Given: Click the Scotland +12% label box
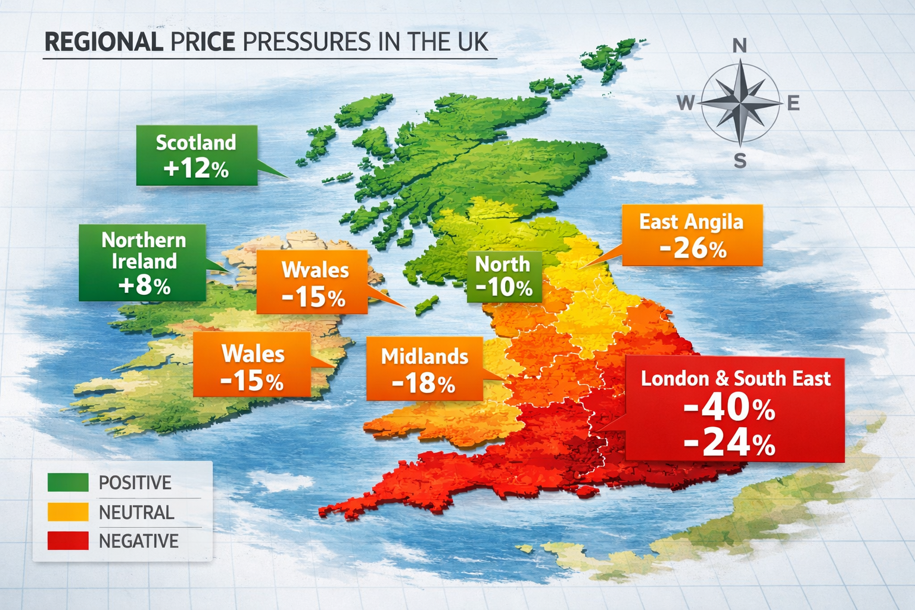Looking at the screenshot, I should [197, 155].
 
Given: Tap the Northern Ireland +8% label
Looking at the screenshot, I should [143, 263].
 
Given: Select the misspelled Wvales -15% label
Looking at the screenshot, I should [312, 282].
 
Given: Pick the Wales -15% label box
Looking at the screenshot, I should [252, 365].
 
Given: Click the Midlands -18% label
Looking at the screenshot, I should [424, 369].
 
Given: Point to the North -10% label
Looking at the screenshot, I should [504, 276].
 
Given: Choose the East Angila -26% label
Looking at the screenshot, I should [692, 235].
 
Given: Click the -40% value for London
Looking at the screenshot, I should [729, 407].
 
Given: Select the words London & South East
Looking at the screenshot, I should [735, 378].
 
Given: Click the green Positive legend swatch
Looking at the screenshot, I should [68, 483].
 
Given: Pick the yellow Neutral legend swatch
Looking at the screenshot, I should [68, 512].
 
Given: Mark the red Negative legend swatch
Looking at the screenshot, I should [68, 540].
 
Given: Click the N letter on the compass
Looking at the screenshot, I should [739, 45].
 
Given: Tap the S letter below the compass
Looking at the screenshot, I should [740, 161].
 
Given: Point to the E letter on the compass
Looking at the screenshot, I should [793, 104].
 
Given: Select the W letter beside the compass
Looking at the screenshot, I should [686, 104].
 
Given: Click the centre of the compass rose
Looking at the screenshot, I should [740, 103].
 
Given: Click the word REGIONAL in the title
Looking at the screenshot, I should [103, 42].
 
